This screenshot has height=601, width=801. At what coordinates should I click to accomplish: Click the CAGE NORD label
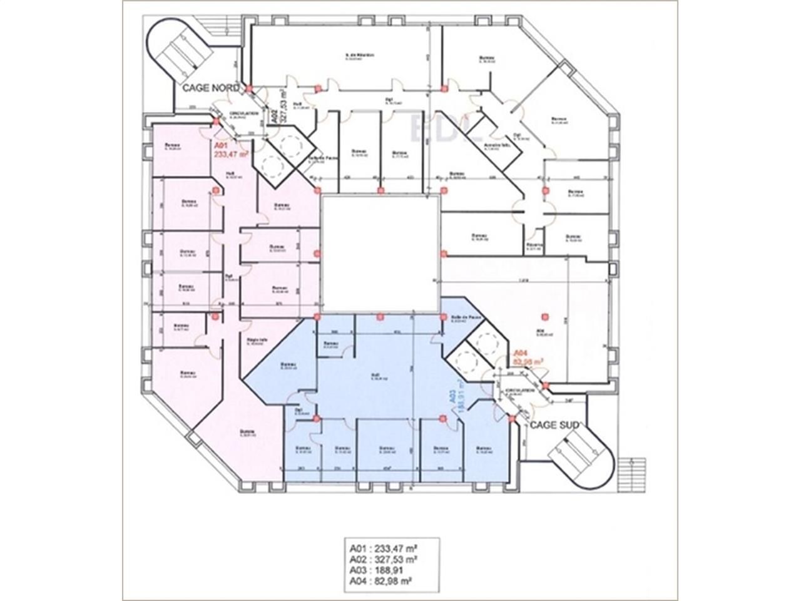click(210, 88)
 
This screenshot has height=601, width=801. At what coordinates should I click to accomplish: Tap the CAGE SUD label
click(554, 425)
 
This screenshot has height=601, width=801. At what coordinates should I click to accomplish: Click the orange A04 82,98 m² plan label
click(528, 357)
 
